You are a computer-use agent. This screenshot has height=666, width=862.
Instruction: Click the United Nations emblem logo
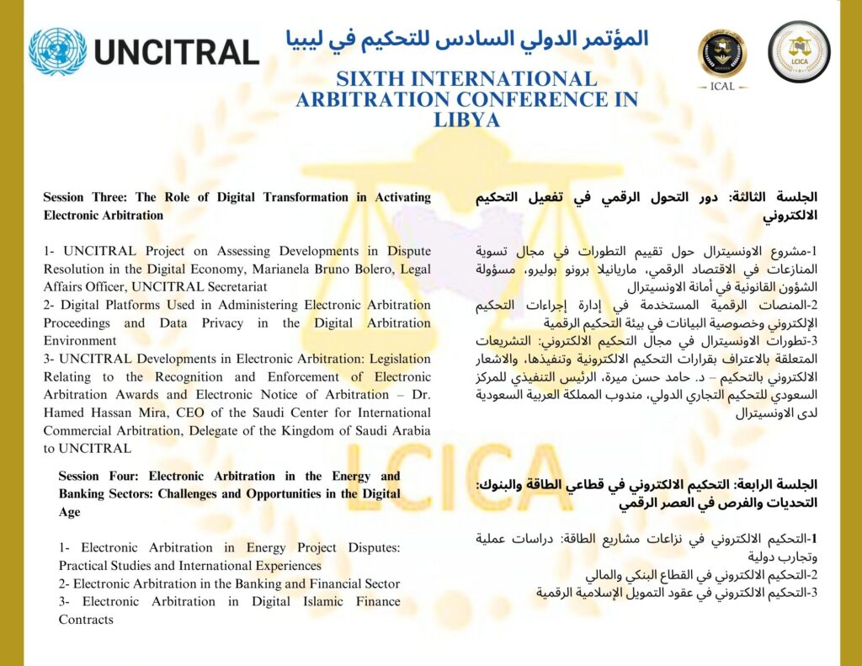[x=57, y=51]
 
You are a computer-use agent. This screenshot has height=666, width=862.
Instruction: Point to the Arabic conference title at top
[x=467, y=39]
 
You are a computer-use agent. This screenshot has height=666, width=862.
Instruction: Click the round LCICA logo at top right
[x=799, y=51]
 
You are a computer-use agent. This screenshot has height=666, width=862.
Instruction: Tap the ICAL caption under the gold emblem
[x=722, y=86]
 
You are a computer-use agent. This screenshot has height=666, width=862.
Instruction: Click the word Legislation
[x=394, y=359]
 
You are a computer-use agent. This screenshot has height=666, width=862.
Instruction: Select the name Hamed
[x=67, y=413]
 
